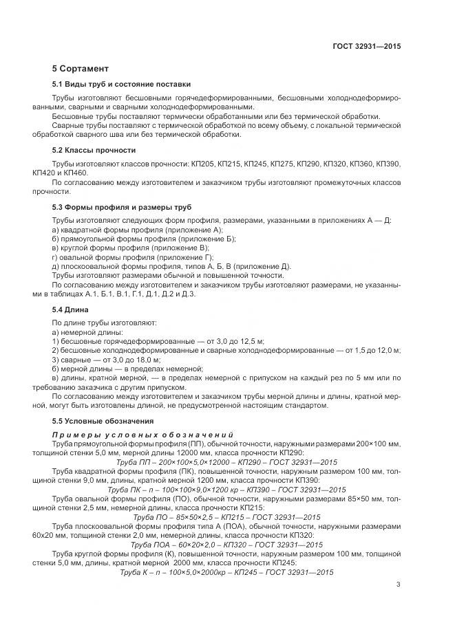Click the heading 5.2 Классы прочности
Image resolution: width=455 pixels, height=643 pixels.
click(x=94, y=150)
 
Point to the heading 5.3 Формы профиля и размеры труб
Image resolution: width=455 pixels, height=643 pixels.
click(x=122, y=207)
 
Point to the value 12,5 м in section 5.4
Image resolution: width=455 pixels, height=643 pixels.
click(x=253, y=341)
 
